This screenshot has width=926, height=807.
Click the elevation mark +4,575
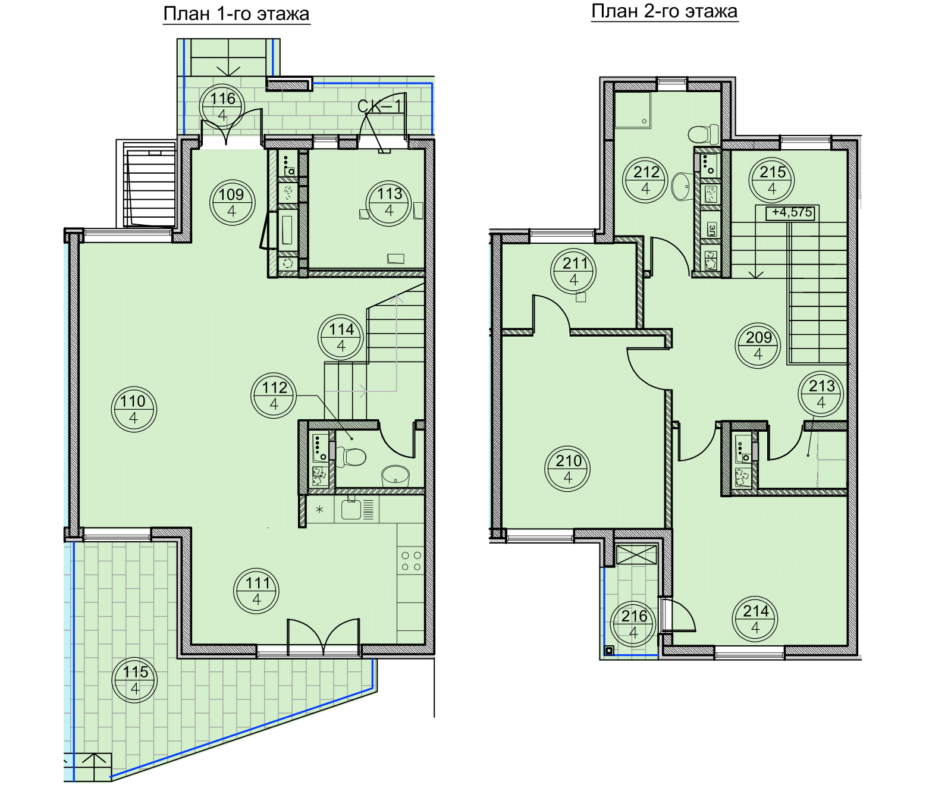(x=790, y=213)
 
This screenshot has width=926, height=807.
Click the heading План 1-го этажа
(x=236, y=14)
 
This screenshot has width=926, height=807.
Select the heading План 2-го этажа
(x=664, y=11)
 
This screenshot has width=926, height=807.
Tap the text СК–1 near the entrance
(x=379, y=106)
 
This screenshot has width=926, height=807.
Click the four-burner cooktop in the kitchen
(x=411, y=561)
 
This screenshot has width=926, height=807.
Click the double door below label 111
(x=323, y=638)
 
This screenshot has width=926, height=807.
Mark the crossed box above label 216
(x=636, y=554)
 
